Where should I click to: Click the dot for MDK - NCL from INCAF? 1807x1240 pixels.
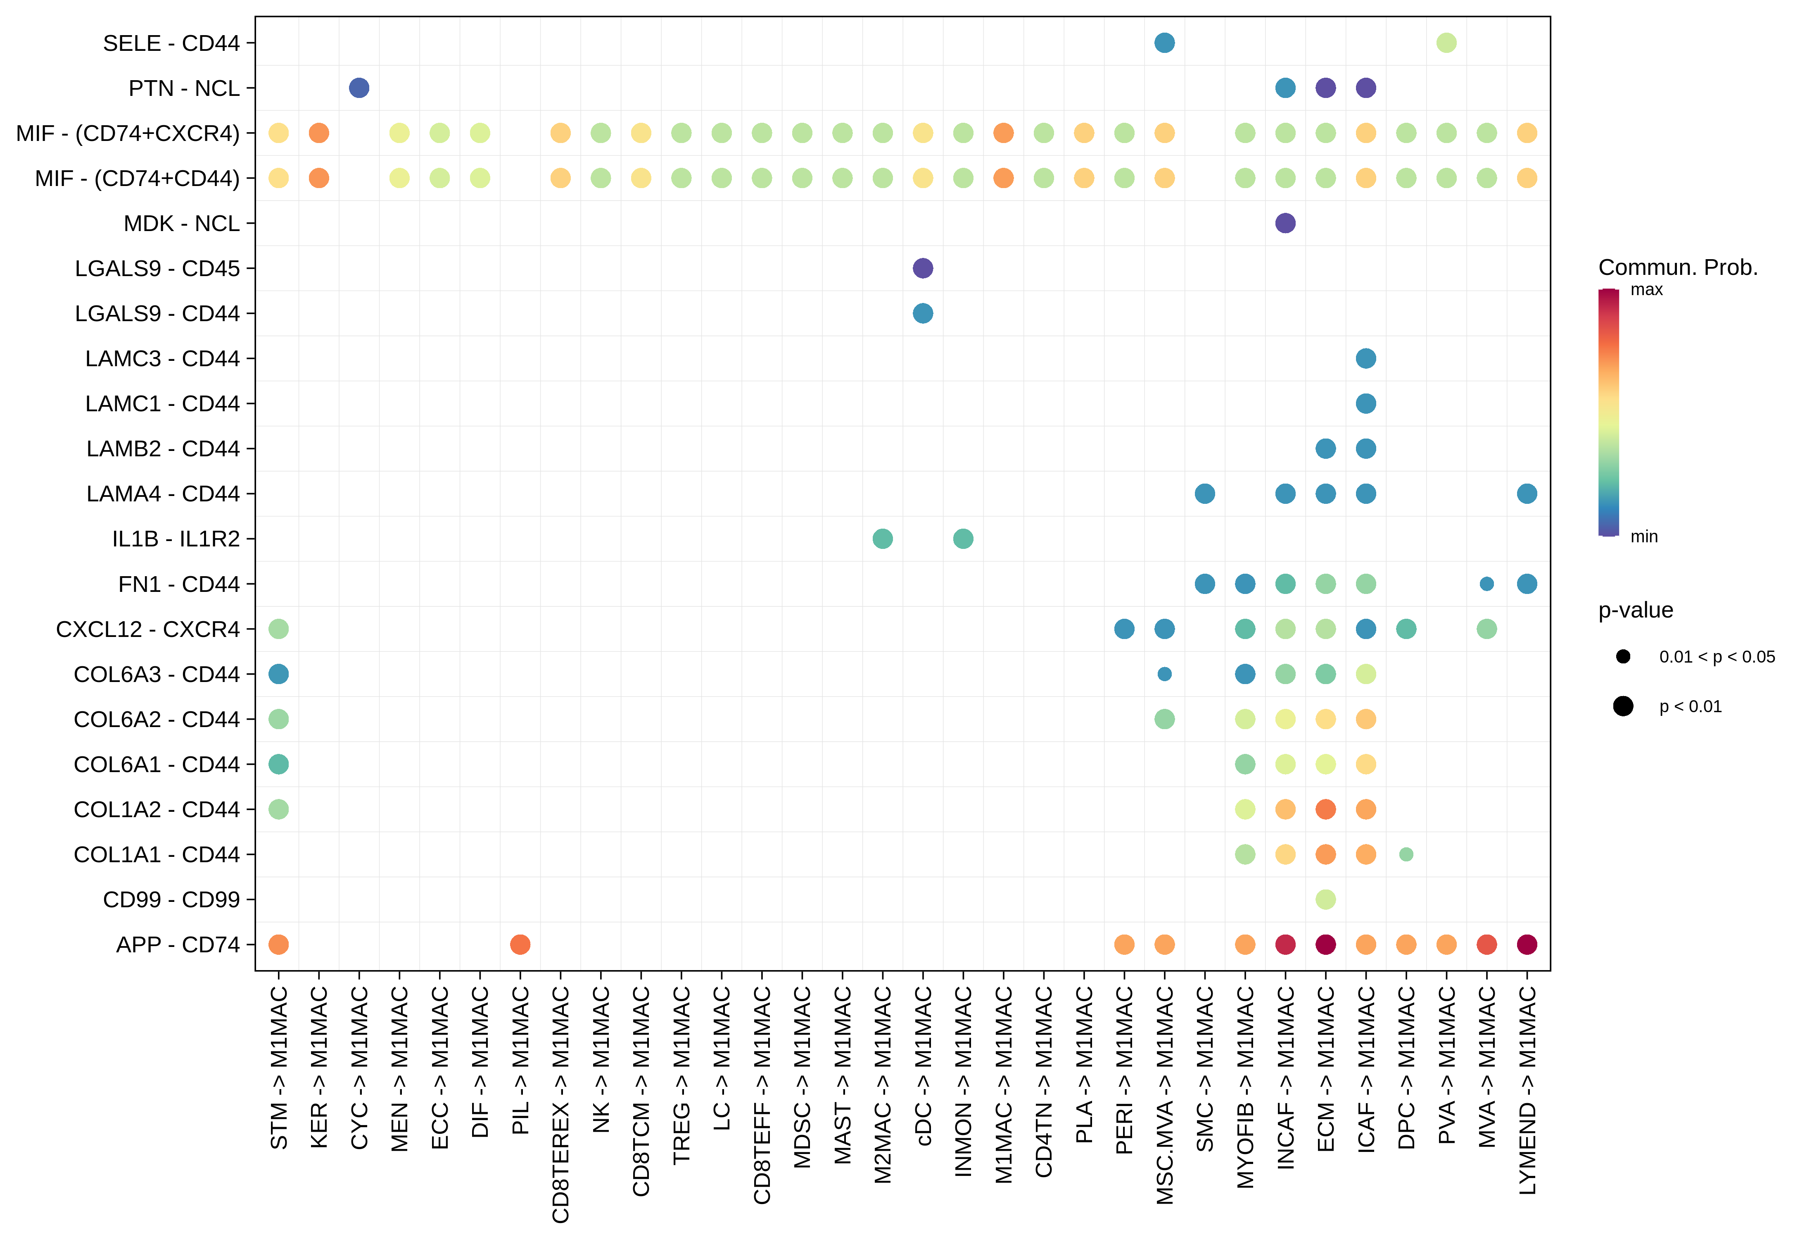1285,223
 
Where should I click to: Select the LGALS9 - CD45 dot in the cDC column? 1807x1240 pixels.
923,268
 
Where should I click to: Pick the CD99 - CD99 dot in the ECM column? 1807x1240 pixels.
1326,899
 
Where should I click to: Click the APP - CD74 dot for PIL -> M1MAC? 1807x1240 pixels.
520,944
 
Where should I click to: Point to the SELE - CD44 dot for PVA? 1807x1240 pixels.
1446,43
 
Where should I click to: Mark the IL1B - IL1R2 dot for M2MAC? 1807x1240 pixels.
883,538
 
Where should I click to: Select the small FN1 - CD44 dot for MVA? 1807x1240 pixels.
1486,584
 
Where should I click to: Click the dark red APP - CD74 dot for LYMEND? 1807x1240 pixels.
1527,944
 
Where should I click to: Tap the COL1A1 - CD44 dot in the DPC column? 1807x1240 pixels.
1406,854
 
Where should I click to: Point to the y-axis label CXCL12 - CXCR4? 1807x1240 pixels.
148,629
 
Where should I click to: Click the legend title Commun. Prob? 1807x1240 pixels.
1678,267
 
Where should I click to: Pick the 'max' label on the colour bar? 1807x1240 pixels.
1646,290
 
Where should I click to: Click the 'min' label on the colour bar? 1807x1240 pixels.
1644,537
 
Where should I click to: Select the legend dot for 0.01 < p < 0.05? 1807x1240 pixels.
1623,656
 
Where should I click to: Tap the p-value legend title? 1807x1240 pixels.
1635,610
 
